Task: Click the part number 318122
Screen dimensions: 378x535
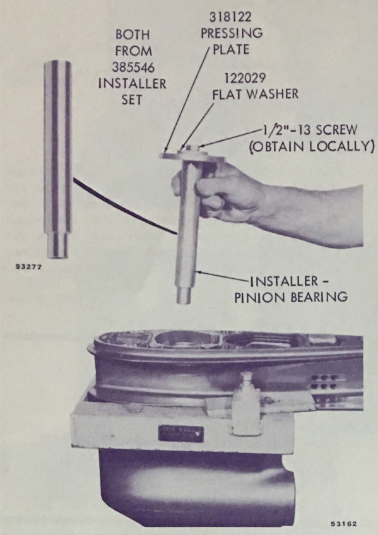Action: point(230,16)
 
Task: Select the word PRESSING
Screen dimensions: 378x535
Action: point(232,33)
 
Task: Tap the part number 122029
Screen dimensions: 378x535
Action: point(244,78)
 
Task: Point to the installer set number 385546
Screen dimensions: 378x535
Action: point(133,68)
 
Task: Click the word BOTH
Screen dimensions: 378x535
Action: point(133,35)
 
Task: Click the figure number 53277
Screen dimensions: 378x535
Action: point(28,267)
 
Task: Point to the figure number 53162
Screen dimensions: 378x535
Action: point(343,524)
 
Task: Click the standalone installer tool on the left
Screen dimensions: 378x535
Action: point(57,159)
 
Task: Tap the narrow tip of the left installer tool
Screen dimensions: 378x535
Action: point(57,245)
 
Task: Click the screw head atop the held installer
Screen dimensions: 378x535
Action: point(192,148)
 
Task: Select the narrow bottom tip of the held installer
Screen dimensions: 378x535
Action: point(184,295)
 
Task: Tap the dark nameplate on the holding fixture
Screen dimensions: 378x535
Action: point(181,433)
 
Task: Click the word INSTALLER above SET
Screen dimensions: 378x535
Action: point(132,83)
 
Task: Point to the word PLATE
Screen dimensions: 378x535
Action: point(231,49)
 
